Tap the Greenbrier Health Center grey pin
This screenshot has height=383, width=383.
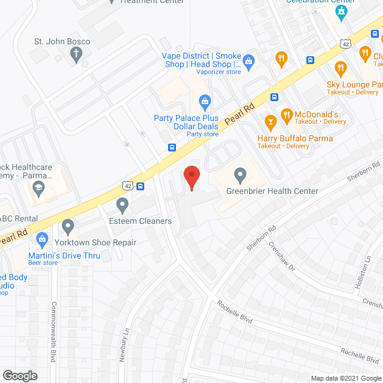click(241, 176)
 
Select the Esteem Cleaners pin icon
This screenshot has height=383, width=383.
click(123, 206)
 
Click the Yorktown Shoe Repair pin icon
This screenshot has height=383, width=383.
click(68, 227)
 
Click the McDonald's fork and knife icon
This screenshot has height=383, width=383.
click(287, 114)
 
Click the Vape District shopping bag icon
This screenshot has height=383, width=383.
click(250, 60)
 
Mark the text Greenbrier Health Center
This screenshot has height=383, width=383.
click(272, 191)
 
